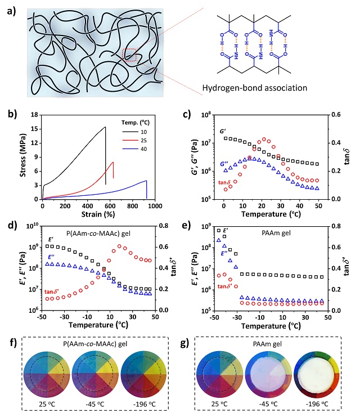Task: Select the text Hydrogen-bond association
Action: click(x=265, y=88)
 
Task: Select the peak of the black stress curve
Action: click(x=105, y=127)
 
